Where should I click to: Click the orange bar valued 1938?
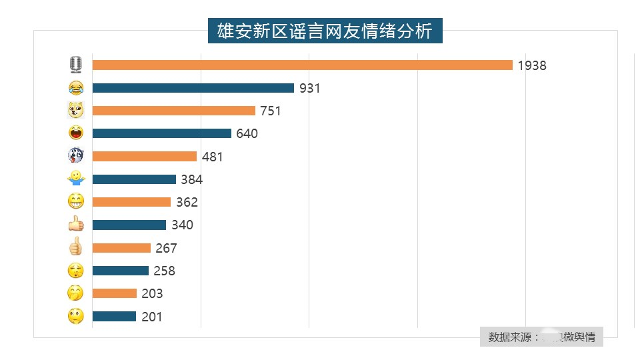pyautogui.click(x=302, y=65)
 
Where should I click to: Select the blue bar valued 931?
pyautogui.click(x=193, y=88)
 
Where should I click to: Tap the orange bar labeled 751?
pyautogui.click(x=173, y=111)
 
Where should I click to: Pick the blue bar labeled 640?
pyautogui.click(x=161, y=133)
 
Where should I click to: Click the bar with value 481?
pyautogui.click(x=144, y=157)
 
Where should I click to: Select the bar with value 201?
pyautogui.click(x=114, y=317)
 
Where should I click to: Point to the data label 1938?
pyautogui.click(x=532, y=65)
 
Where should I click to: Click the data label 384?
pyautogui.click(x=191, y=179)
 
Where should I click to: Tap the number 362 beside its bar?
pyautogui.click(x=187, y=203)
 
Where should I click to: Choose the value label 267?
pyautogui.click(x=166, y=248)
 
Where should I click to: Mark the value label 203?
pyautogui.click(x=152, y=294)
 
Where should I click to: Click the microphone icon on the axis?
pyautogui.click(x=76, y=65)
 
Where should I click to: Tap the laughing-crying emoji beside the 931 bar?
pyautogui.click(x=76, y=88)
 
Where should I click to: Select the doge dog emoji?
pyautogui.click(x=76, y=111)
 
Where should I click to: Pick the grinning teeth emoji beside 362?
pyautogui.click(x=76, y=201)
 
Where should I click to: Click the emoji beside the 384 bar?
pyautogui.click(x=76, y=179)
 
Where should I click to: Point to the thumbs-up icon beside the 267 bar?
pyautogui.click(x=76, y=247)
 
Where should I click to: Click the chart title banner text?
pyautogui.click(x=325, y=31)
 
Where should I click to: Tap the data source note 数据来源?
pyautogui.click(x=541, y=337)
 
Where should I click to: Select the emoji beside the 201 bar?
pyautogui.click(x=76, y=317)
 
